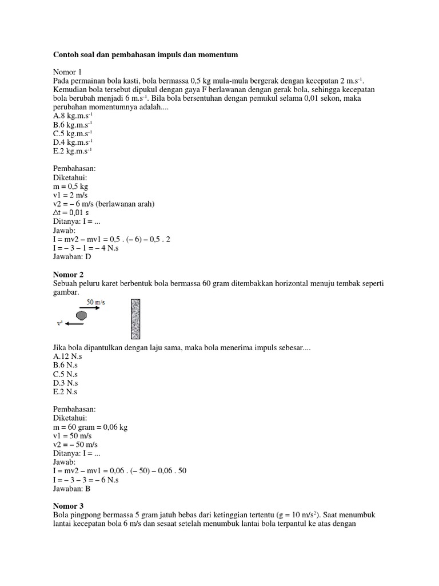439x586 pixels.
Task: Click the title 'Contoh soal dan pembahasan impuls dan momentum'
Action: pyautogui.click(x=145, y=54)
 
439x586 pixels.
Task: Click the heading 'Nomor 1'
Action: pyautogui.click(x=67, y=72)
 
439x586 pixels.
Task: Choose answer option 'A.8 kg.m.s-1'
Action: pyautogui.click(x=73, y=115)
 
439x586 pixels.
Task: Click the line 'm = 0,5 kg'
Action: pyautogui.click(x=70, y=187)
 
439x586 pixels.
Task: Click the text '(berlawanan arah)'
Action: pyautogui.click(x=126, y=204)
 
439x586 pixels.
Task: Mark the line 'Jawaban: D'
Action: pyautogui.click(x=71, y=257)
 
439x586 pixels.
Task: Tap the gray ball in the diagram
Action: pyautogui.click(x=82, y=315)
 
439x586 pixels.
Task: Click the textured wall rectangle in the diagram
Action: pyautogui.click(x=135, y=319)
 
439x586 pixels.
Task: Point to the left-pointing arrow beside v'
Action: pyautogui.click(x=75, y=324)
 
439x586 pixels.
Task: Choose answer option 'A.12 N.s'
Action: pyautogui.click(x=67, y=355)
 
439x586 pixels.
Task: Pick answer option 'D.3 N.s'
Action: pyautogui.click(x=65, y=382)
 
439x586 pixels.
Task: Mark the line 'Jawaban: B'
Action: pyautogui.click(x=71, y=489)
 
